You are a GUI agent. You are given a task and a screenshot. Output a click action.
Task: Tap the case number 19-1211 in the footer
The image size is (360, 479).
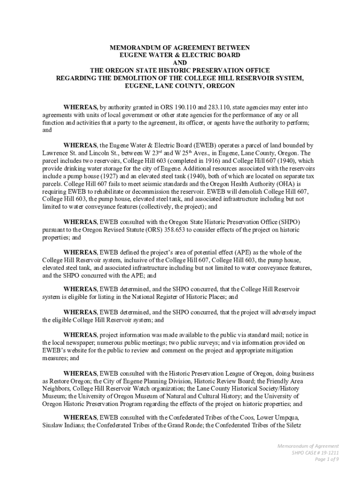coord(329,453)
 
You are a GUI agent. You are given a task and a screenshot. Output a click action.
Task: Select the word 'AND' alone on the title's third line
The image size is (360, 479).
coord(180,63)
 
